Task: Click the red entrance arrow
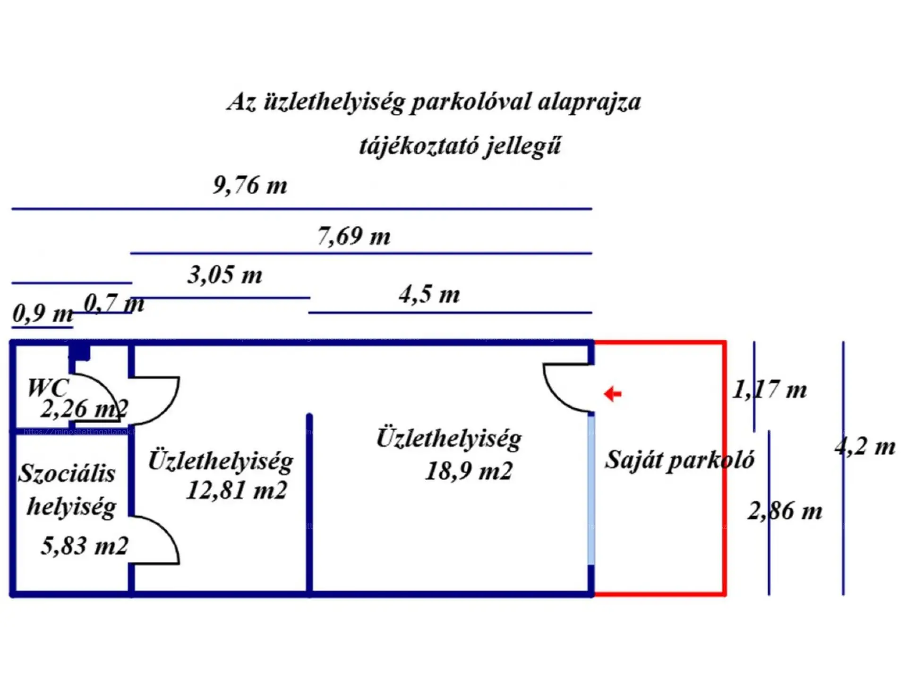coord(613,393)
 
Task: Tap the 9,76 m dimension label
coord(250,185)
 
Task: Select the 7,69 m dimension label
coord(354,236)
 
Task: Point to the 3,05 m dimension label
coord(225,275)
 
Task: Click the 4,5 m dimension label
coord(429,295)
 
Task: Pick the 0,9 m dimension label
coord(43,313)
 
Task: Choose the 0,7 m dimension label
coord(114,303)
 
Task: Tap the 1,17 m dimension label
coord(770,390)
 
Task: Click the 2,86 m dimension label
coord(785,511)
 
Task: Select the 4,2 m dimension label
coord(864,447)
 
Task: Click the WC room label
coord(48,388)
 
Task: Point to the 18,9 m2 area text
coord(469,471)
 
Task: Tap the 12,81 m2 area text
coord(237,490)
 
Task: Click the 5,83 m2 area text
coord(85,546)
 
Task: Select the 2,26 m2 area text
coord(84,409)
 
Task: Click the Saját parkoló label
coord(679,460)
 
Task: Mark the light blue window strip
coord(591,489)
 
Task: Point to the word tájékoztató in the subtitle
coord(415,145)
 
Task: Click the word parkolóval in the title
coord(471,102)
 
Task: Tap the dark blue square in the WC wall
coord(80,352)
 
